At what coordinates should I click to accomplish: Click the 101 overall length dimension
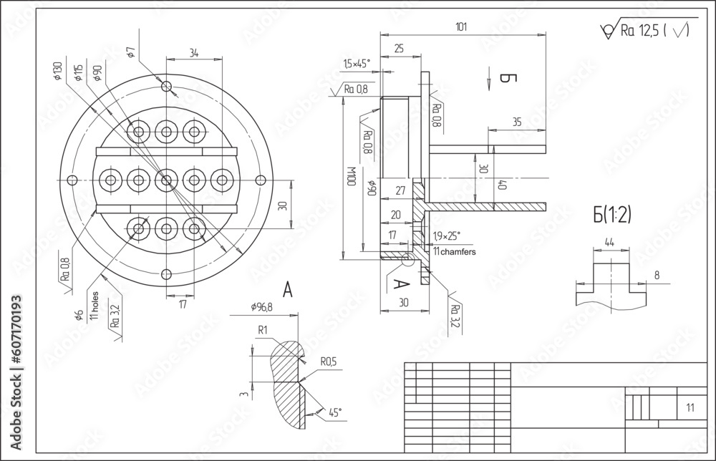[x=461, y=27]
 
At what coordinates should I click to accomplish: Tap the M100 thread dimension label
[x=351, y=176]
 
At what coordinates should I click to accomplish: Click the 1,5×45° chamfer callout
[x=357, y=64]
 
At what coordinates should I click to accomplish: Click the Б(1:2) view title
[x=611, y=213]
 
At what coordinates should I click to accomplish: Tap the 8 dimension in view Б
[x=656, y=274]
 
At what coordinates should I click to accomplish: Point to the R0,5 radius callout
[x=329, y=362]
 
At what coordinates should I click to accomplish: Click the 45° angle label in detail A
[x=334, y=412]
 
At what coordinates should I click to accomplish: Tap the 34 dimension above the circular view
[x=194, y=52]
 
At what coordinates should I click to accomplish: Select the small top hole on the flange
[x=166, y=87]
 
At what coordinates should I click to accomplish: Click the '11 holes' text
[x=94, y=304]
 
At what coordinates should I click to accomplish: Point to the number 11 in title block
[x=690, y=408]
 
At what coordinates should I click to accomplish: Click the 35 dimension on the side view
[x=516, y=122]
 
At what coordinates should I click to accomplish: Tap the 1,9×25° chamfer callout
[x=447, y=236]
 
